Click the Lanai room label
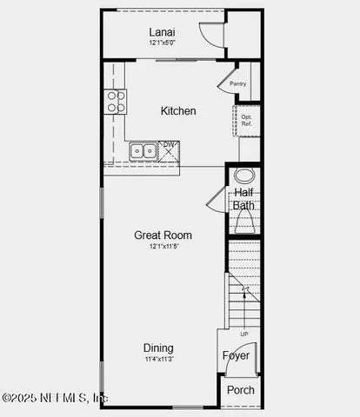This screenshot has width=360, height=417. [162, 32]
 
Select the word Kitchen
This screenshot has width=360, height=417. [178, 111]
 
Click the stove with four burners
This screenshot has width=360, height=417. [116, 102]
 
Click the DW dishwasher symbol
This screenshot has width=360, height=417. [170, 149]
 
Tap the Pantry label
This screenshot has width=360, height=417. [238, 84]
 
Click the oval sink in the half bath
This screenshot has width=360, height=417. [243, 175]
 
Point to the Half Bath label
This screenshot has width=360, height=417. [244, 199]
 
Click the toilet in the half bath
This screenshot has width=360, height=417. [244, 223]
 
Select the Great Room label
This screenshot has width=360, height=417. [163, 235]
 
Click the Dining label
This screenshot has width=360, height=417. [158, 347]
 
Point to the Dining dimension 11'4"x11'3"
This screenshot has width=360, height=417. [158, 359]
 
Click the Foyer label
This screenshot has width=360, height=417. [236, 356]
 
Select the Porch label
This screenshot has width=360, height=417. [241, 390]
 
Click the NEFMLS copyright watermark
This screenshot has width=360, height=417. [54, 398]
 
